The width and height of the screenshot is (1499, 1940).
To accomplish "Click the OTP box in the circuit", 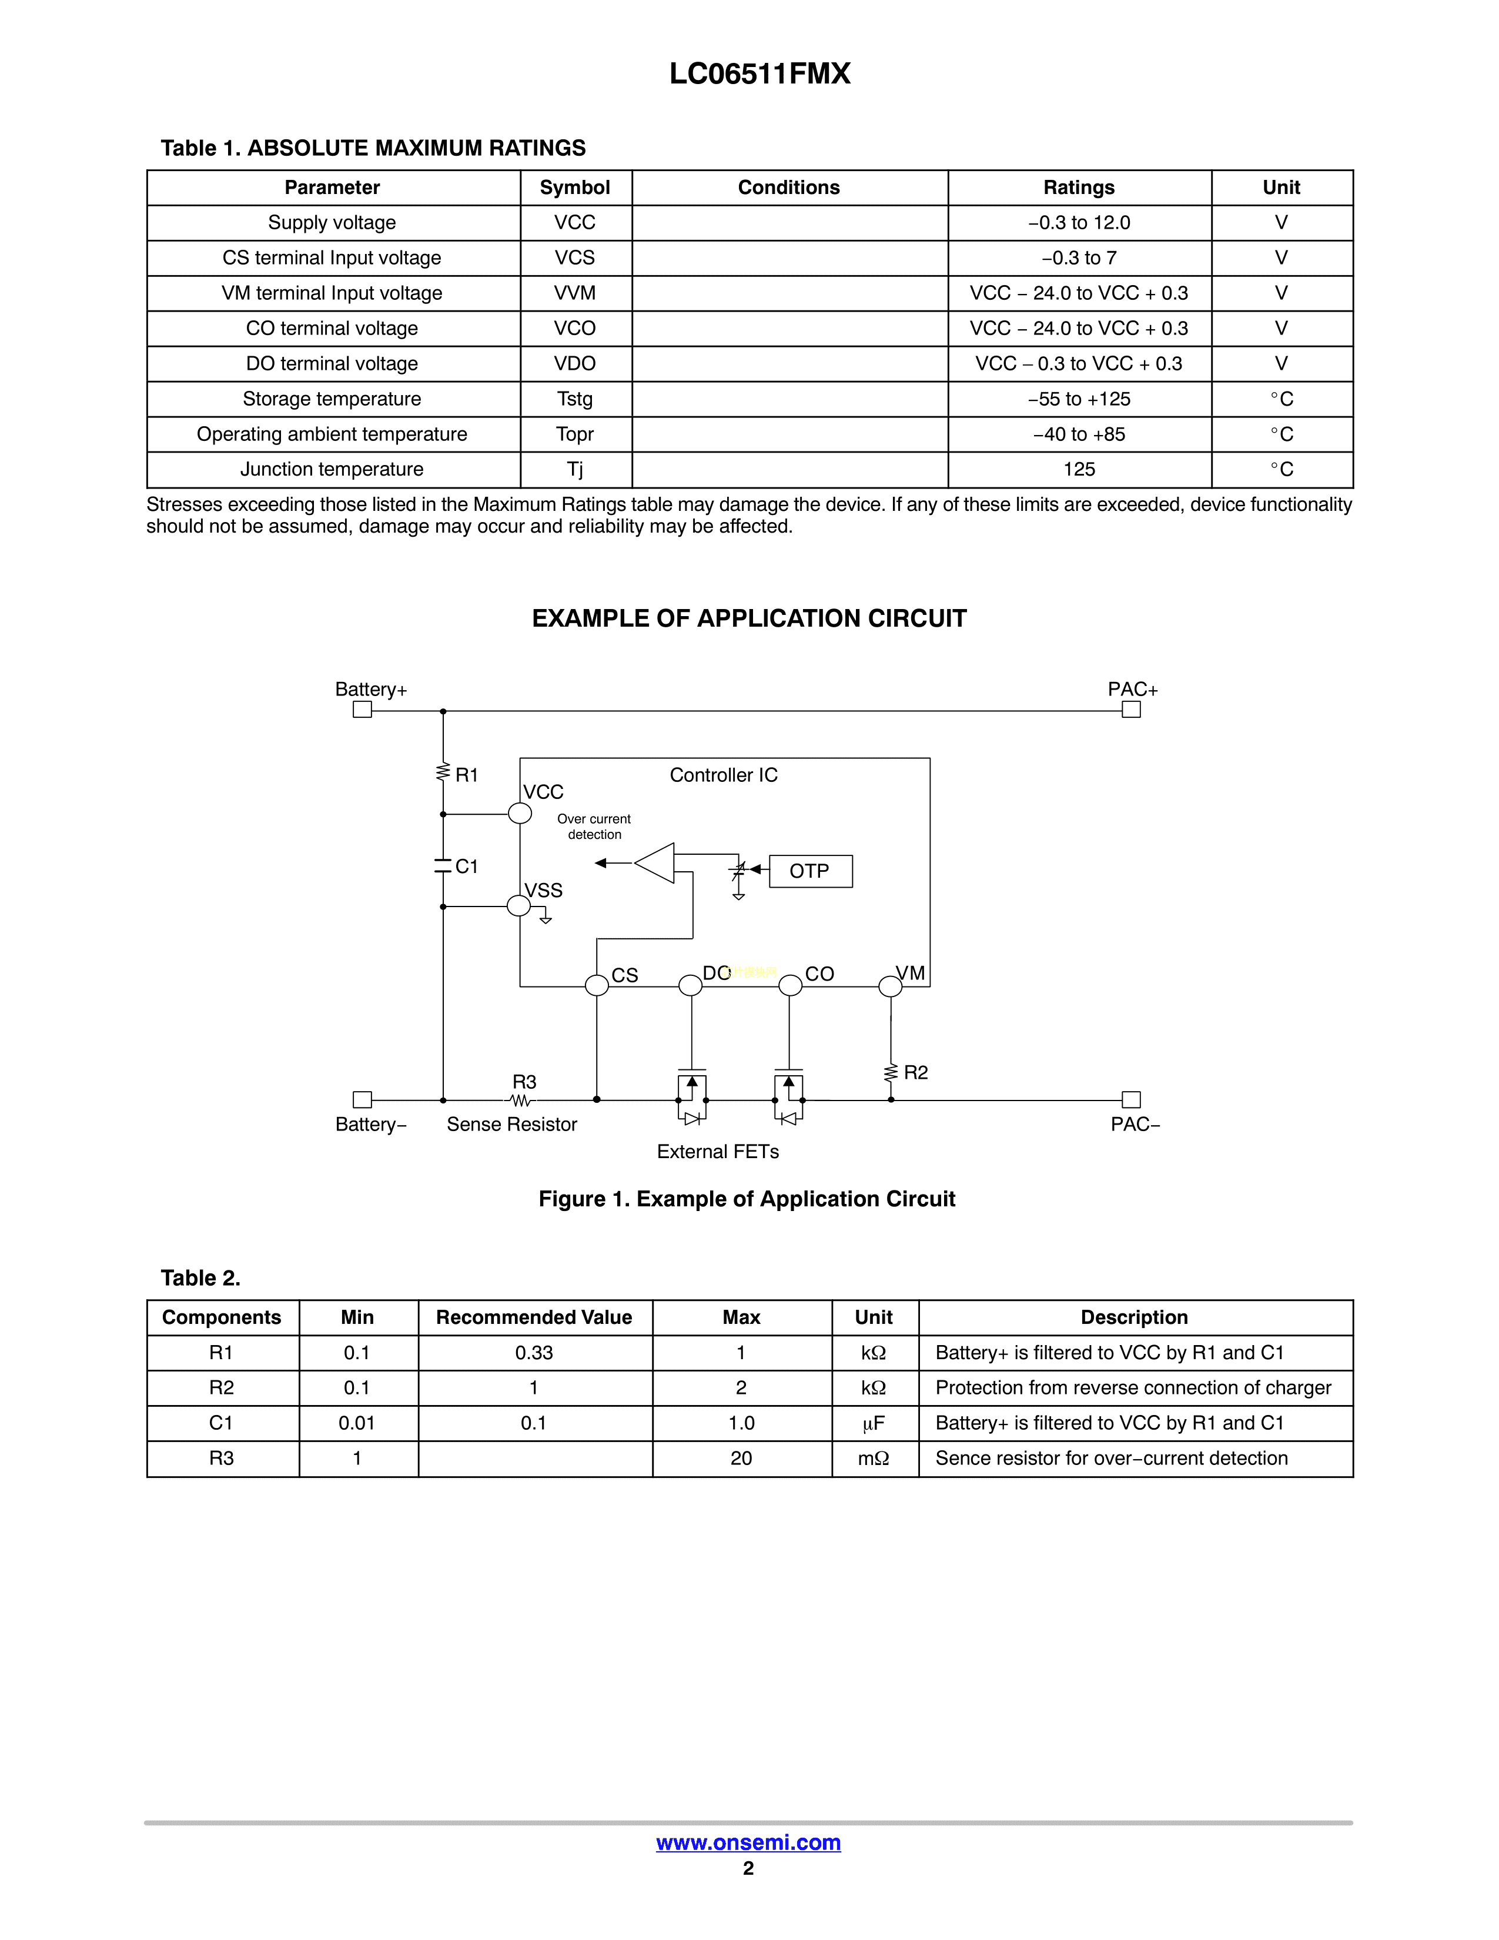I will pyautogui.click(x=810, y=871).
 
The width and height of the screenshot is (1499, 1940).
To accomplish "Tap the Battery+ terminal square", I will pyautogui.click(x=362, y=709).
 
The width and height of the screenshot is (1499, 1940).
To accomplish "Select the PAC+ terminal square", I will pyautogui.click(x=1130, y=709).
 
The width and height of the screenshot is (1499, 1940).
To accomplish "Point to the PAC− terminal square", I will pyautogui.click(x=1130, y=1100).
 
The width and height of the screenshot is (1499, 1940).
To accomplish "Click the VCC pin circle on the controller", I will pyautogui.click(x=520, y=813).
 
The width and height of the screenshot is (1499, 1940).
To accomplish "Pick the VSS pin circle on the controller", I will pyautogui.click(x=518, y=906).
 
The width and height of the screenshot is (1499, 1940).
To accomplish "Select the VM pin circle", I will pyautogui.click(x=890, y=986).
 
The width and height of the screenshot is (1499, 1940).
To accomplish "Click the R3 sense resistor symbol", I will pyautogui.click(x=522, y=1101).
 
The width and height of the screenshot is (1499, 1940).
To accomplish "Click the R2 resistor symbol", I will pyautogui.click(x=891, y=1073).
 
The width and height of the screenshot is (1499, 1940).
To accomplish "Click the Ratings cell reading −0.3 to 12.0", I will pyautogui.click(x=1079, y=223).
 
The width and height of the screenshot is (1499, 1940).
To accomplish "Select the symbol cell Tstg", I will pyautogui.click(x=574, y=399).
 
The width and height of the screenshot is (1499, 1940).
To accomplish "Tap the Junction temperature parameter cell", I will pyautogui.click(x=332, y=469).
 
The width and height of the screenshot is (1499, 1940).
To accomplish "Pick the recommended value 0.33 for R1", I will pyautogui.click(x=534, y=1353).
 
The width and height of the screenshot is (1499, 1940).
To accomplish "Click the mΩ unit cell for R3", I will pyautogui.click(x=874, y=1459).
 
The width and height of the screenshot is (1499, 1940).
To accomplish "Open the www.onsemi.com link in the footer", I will pyautogui.click(x=748, y=1842).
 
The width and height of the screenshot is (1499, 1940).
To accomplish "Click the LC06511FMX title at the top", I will pyautogui.click(x=759, y=73).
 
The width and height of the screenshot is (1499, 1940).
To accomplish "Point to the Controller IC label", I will pyautogui.click(x=723, y=775).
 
